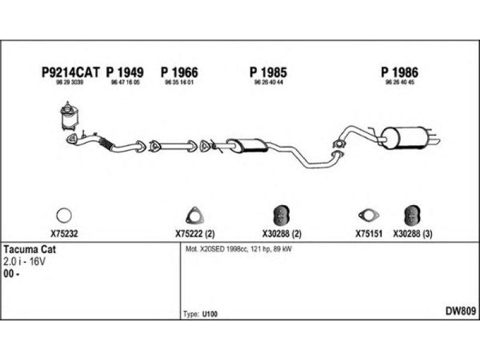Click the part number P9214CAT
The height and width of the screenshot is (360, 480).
click(x=70, y=72)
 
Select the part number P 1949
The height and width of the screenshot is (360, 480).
click(x=125, y=72)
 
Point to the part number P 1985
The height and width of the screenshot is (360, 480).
click(x=268, y=72)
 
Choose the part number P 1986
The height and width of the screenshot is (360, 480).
click(x=399, y=72)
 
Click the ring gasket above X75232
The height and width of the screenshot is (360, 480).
click(x=64, y=214)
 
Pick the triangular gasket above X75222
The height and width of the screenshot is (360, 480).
click(x=193, y=215)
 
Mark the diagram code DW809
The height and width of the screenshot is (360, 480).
click(x=460, y=311)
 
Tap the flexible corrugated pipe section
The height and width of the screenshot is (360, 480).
click(x=105, y=143)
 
